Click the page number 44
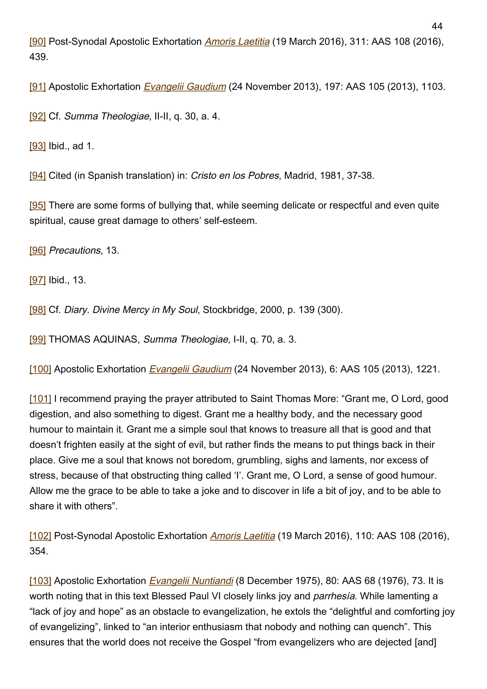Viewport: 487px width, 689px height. click(x=437, y=27)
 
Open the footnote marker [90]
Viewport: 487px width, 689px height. click(x=37, y=42)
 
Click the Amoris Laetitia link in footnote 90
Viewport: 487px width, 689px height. click(x=237, y=42)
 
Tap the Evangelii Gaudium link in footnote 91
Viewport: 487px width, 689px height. click(x=184, y=86)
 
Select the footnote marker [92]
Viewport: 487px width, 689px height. click(x=37, y=116)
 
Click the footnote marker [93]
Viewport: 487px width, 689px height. click(x=37, y=146)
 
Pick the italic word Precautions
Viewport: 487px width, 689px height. click(x=75, y=250)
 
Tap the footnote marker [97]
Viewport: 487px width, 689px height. click(x=37, y=280)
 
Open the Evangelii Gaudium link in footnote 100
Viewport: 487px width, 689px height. click(x=190, y=369)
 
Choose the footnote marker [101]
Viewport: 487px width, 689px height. click(x=40, y=399)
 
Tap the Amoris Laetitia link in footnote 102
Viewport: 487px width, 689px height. click(x=242, y=536)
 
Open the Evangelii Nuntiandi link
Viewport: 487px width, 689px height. click(x=191, y=581)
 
